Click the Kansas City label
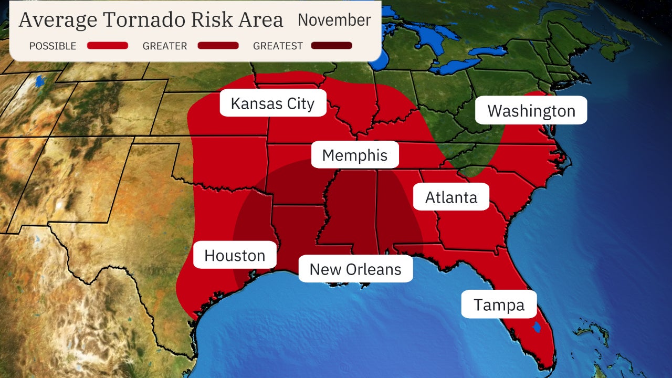click(272, 103)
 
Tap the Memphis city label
click(355, 155)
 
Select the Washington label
click(531, 111)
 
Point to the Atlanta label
click(451, 197)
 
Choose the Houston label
click(235, 255)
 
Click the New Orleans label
click(355, 269)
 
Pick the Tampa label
click(499, 304)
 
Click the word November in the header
click(334, 20)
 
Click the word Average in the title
click(58, 20)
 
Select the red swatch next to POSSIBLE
click(108, 46)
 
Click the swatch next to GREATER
click(218, 46)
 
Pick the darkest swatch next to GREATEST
click(331, 46)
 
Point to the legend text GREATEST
click(278, 46)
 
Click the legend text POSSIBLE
click(52, 46)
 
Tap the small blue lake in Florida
click(536, 328)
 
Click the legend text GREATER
click(165, 46)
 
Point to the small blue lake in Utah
click(40, 81)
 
